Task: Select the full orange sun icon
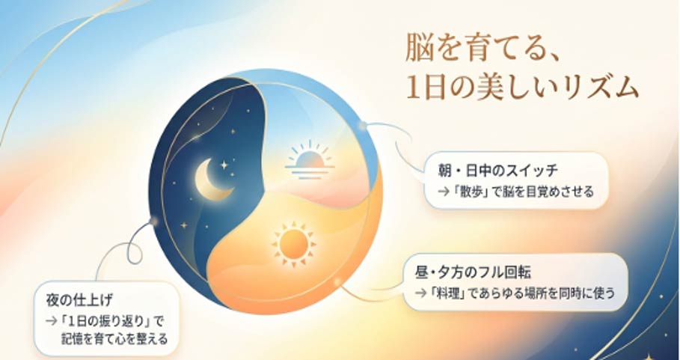click(x=293, y=244)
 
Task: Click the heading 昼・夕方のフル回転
click(x=473, y=272)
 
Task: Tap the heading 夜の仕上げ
click(x=79, y=299)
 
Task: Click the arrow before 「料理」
click(x=420, y=293)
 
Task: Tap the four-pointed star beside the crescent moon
click(x=224, y=165)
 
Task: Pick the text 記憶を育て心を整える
click(x=114, y=339)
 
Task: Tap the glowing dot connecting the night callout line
click(x=153, y=222)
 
